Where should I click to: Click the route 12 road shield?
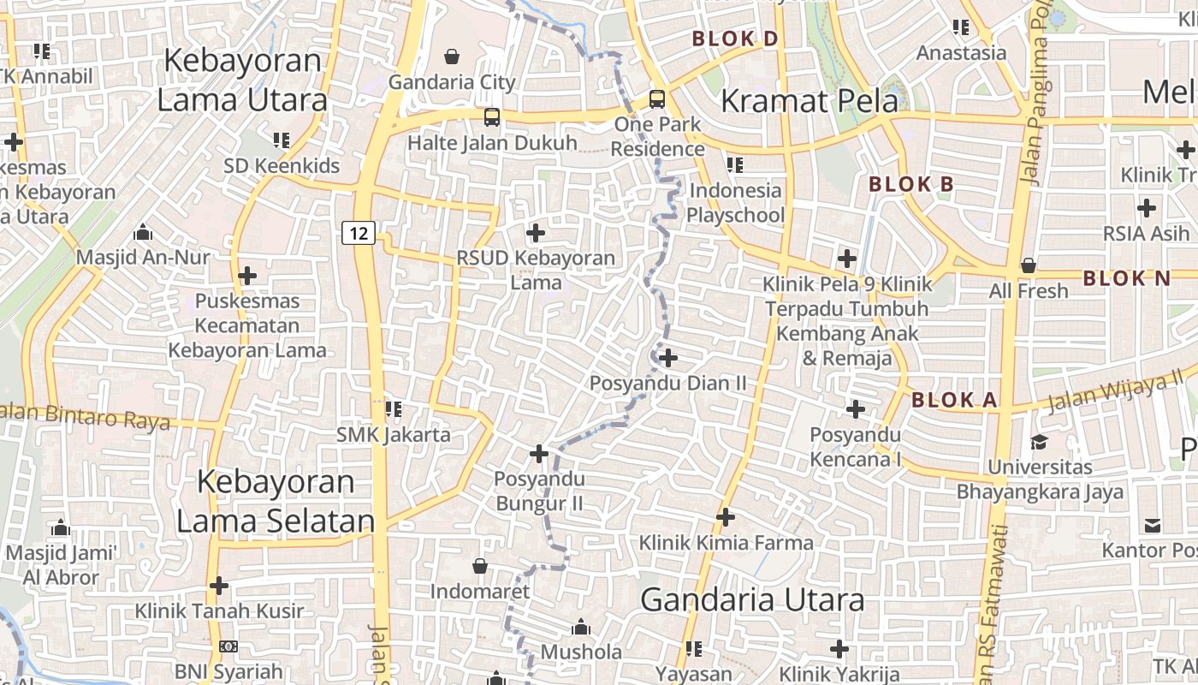359,232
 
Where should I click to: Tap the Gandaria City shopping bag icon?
451,57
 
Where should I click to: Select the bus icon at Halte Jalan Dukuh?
492,117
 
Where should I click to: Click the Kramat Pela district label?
810,101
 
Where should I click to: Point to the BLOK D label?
735,39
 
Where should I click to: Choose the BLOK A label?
954,400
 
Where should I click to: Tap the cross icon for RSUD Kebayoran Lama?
536,232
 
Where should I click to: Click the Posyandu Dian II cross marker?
668,358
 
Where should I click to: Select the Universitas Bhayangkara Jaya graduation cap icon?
1039,442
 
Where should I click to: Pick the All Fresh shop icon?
1029,265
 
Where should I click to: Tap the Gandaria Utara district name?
752,599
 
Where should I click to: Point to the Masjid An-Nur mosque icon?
143,232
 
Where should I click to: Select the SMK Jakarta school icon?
394,409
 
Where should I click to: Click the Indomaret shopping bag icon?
480,566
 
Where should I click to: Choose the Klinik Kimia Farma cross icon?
726,517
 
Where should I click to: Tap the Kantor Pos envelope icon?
1153,525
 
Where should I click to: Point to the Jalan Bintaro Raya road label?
86,417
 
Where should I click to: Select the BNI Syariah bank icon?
228,646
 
